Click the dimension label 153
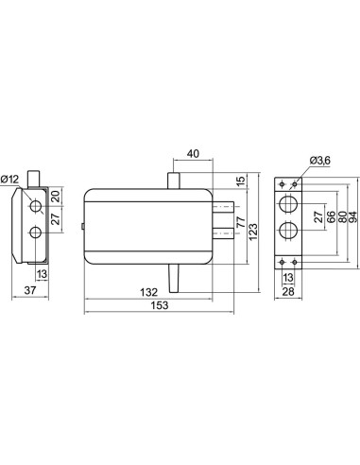(x=160, y=305)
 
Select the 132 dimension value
(x=148, y=292)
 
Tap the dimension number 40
(x=193, y=154)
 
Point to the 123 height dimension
(x=253, y=232)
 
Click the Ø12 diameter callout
(x=9, y=180)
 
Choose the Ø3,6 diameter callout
(x=320, y=161)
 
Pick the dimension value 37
(x=30, y=290)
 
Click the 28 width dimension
(x=288, y=292)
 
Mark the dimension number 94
(x=352, y=217)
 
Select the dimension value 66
(x=331, y=217)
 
